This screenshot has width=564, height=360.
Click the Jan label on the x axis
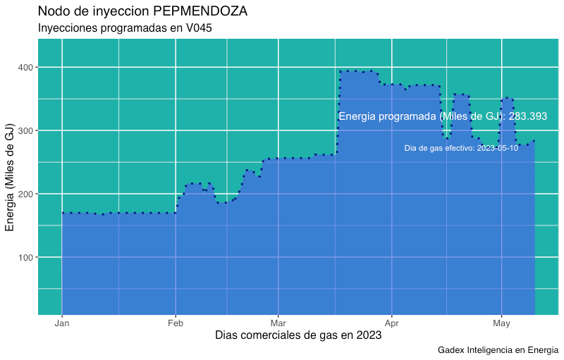62,324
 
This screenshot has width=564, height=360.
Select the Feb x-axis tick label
176,324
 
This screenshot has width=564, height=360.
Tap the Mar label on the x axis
278,324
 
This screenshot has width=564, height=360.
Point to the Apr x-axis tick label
392,324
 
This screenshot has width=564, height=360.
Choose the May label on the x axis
501,324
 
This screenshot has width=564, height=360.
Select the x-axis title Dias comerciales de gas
298,336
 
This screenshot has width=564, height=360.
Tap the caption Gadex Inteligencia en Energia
498,350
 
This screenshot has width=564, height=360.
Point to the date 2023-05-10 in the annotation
496,149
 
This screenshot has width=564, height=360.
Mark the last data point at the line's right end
534,141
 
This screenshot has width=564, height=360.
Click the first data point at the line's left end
62,213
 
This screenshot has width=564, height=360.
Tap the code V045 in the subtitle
199,28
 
